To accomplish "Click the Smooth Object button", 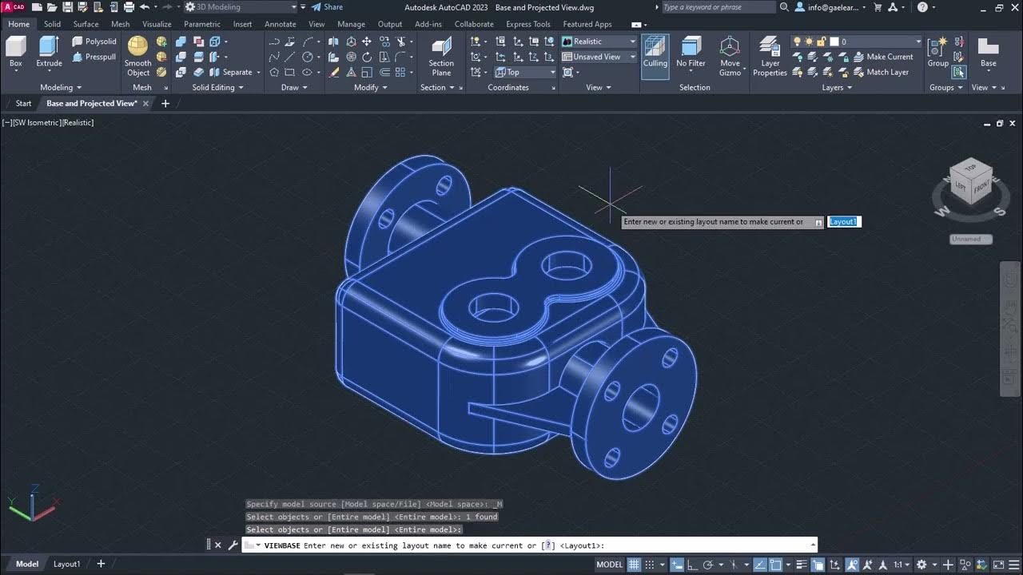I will pyautogui.click(x=137, y=56).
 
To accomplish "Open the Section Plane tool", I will pyautogui.click(x=441, y=56).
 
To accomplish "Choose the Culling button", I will pyautogui.click(x=655, y=52).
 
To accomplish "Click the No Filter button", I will pyautogui.click(x=691, y=52).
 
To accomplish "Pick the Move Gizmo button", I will pyautogui.click(x=730, y=56).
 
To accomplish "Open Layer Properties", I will pyautogui.click(x=770, y=56).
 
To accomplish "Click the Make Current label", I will pyautogui.click(x=890, y=57).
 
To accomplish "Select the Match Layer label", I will pyautogui.click(x=887, y=72).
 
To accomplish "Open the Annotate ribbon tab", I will pyautogui.click(x=280, y=24).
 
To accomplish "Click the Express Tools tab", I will pyautogui.click(x=528, y=24).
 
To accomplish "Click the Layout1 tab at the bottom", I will pyautogui.click(x=67, y=564).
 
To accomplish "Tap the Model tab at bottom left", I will pyautogui.click(x=27, y=564).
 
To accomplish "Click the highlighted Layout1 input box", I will pyautogui.click(x=844, y=222).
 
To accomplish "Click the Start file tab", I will pyautogui.click(x=24, y=103).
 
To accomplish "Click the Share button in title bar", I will pyautogui.click(x=328, y=7).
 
